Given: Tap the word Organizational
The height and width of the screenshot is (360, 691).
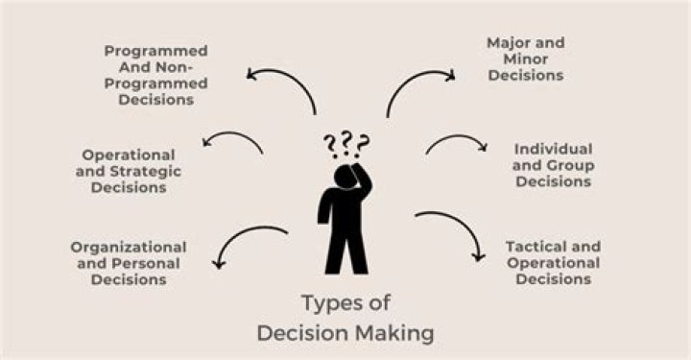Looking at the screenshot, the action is click(x=129, y=247).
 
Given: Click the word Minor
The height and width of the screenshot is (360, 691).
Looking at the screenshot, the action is click(x=526, y=60).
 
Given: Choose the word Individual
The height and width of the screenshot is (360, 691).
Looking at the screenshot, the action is click(x=553, y=150).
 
